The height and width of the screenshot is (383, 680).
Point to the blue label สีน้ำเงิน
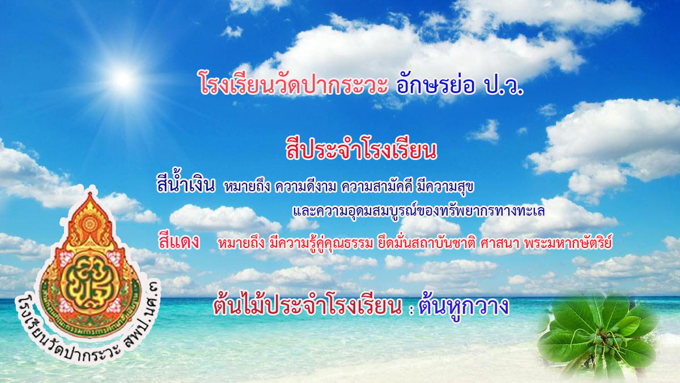click(186, 183)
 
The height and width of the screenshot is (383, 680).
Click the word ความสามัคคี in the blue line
click(377, 186)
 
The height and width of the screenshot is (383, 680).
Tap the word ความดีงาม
click(305, 186)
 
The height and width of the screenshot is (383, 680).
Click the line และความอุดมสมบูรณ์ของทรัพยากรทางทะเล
click(418, 211)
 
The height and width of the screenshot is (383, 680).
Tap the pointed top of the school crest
click(90, 195)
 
